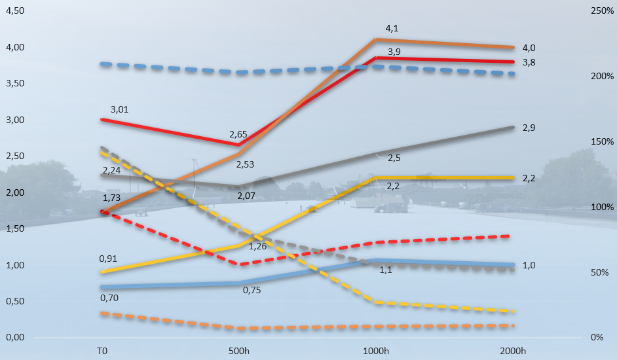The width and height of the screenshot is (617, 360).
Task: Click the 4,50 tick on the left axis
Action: point(14,11)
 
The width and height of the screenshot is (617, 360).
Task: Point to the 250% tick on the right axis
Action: point(602,11)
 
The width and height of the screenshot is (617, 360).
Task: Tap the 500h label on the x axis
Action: point(238,351)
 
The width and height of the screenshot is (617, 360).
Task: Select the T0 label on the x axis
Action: point(102,351)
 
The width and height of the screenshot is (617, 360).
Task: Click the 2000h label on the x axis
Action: point(512,351)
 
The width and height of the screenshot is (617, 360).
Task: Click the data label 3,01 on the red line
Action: point(119,109)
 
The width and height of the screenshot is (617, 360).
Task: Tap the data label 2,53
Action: point(246,164)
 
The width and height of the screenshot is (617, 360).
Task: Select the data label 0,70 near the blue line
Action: point(109,298)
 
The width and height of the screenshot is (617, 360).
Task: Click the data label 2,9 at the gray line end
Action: point(529,128)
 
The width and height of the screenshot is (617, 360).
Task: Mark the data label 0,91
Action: point(109,259)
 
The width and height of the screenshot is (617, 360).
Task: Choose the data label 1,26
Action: point(257,246)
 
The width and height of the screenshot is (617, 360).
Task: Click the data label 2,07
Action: point(246,196)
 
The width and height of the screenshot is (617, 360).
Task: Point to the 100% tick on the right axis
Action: point(602,207)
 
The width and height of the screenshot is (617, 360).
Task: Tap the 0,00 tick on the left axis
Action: point(14,337)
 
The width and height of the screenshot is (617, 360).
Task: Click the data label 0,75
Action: point(252,290)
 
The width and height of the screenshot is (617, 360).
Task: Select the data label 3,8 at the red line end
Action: point(529,62)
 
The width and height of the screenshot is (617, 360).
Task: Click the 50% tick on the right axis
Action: point(602,272)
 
